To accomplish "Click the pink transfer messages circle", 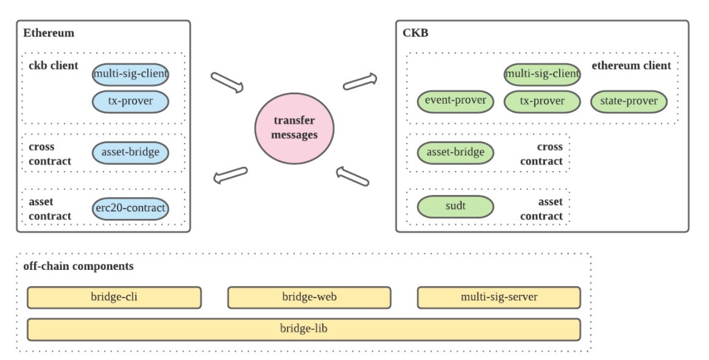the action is point(294,128).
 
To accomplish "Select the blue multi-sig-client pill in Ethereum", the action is point(130,74).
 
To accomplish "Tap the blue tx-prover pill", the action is point(130,101).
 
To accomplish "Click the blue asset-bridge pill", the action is point(130,152).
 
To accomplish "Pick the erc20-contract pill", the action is point(130,208).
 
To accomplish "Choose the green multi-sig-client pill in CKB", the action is point(542,74).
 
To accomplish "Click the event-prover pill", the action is point(456,101).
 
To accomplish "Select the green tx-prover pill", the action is point(542,101).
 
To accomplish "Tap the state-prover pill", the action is point(629,101).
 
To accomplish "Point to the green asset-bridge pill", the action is point(456,152).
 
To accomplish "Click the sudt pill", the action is point(456,206).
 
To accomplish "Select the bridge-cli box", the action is point(114,298).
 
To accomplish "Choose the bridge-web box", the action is point(309,298).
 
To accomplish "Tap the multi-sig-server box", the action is point(499,298).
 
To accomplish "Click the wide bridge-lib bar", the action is point(304,330).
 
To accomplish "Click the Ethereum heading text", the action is point(49,33).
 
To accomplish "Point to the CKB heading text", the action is point(415,33).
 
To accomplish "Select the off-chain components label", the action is point(78,266).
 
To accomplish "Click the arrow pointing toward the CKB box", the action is point(360,82).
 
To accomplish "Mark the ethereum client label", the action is point(631,66).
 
